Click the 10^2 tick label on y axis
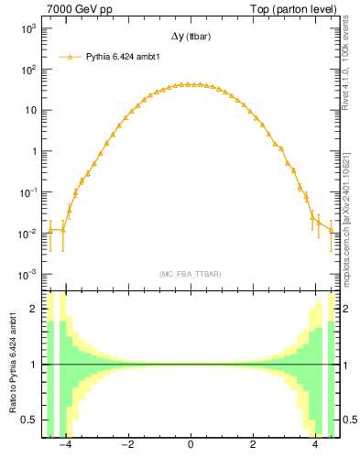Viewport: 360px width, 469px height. pyautogui.click(x=27, y=70)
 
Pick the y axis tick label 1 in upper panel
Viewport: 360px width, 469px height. pyautogui.click(x=34, y=151)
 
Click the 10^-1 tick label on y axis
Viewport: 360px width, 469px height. pyautogui.click(x=27, y=192)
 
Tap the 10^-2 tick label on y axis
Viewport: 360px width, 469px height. pyautogui.click(x=27, y=234)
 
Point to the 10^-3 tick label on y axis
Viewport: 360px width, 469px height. pyautogui.click(x=27, y=275)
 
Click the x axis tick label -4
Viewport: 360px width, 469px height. pyautogui.click(x=64, y=448)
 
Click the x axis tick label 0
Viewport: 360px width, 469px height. pyautogui.click(x=190, y=448)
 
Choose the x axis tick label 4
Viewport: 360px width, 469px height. pyautogui.click(x=316, y=448)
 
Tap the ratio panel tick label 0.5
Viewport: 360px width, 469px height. pyautogui.click(x=29, y=420)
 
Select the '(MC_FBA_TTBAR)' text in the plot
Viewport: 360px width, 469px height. pyautogui.click(x=190, y=274)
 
